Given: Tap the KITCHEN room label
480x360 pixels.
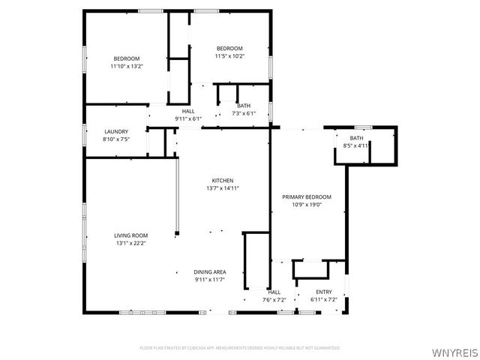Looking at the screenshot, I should [x=223, y=181].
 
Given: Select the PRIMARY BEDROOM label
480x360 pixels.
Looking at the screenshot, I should [x=306, y=196].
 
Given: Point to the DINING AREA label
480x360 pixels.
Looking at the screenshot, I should [x=210, y=272].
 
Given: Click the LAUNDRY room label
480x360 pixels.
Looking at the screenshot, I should [x=116, y=131].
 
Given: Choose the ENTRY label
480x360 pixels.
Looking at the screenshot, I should [x=324, y=292].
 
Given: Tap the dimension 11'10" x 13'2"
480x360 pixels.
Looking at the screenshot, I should [x=126, y=66].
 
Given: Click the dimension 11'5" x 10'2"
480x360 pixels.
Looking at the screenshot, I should [x=229, y=55].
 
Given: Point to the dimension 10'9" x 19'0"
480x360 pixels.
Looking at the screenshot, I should [x=306, y=204].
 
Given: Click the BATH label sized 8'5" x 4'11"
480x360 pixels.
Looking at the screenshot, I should [x=355, y=138].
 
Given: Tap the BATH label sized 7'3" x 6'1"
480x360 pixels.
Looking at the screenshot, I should [x=244, y=106].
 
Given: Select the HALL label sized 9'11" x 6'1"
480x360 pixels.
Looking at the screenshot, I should [x=188, y=111].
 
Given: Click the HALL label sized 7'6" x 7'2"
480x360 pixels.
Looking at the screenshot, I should [x=274, y=292].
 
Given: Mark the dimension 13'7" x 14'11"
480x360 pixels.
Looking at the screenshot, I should [x=223, y=188].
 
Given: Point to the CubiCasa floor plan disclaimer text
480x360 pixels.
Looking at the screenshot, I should [x=240, y=348].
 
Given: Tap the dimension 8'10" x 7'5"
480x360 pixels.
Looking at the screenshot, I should [x=116, y=139].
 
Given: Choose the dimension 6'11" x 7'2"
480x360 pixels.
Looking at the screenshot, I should [x=324, y=300].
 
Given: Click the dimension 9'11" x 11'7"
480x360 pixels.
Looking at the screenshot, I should [x=210, y=280].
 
